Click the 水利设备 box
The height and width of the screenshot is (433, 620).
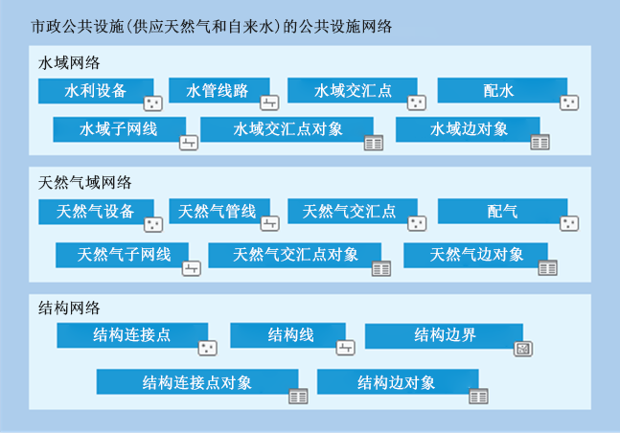click(x=96, y=91)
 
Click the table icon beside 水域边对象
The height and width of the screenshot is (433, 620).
click(x=540, y=142)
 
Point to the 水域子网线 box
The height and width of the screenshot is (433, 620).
click(x=119, y=129)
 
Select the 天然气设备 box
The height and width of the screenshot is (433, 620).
click(x=96, y=212)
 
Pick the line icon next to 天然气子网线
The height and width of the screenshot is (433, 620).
click(x=192, y=268)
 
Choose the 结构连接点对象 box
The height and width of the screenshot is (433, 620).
click(x=197, y=382)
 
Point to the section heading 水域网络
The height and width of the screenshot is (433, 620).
click(x=68, y=63)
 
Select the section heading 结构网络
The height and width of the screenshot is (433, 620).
click(x=68, y=308)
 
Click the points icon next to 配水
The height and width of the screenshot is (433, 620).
click(x=569, y=102)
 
